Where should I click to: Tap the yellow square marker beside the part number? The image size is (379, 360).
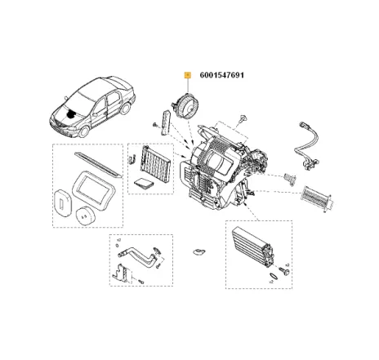[x=188, y=75]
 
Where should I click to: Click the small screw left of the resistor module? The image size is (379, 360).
[x=154, y=123]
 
